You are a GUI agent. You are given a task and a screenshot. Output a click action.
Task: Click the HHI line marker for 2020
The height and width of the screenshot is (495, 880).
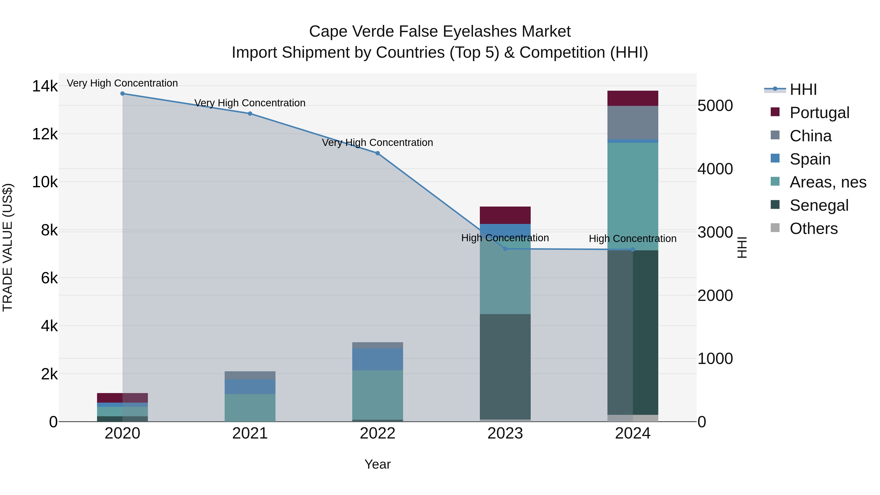pos(122,94)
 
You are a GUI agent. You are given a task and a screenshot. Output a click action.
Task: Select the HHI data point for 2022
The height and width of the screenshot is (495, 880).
pos(377,153)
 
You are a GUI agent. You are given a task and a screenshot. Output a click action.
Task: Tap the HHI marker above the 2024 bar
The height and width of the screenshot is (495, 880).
pos(633,250)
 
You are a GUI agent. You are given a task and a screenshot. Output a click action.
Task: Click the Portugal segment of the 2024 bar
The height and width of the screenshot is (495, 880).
pos(633,98)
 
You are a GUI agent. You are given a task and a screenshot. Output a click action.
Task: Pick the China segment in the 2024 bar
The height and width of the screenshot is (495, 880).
pos(633,123)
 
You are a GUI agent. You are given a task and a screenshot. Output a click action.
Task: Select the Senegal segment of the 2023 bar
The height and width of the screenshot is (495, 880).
pos(505,367)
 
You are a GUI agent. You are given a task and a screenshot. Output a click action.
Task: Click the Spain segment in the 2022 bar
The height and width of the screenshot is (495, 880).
pos(377,359)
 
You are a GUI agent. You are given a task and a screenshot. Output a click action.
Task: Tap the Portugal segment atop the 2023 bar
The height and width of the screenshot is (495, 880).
pos(505,215)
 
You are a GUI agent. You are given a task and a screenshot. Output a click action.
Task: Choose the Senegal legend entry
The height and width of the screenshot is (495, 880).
pos(819,206)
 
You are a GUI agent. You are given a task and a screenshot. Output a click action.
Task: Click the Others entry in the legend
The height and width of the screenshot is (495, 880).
pos(813,229)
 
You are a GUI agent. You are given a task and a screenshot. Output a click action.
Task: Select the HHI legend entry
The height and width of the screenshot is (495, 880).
pos(803,89)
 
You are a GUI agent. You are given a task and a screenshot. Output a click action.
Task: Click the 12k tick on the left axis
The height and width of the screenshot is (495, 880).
pos(45,134)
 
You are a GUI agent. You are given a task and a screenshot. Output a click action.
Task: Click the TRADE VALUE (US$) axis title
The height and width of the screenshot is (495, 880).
pos(8,247)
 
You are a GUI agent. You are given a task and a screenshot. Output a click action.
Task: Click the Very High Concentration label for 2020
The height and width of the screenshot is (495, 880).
pos(122,83)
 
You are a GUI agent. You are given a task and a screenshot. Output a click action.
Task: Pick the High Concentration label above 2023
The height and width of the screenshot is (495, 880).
pos(505,238)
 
